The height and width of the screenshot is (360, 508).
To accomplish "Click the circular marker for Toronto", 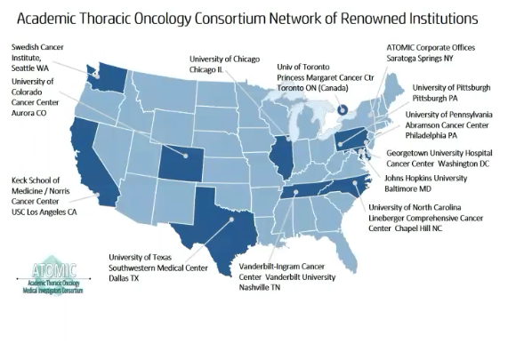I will pyautogui.click(x=343, y=109).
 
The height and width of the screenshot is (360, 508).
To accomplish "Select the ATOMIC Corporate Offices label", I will pyautogui.click(x=430, y=52).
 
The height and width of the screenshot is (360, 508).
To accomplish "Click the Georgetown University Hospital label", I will pyautogui.click(x=439, y=157).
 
